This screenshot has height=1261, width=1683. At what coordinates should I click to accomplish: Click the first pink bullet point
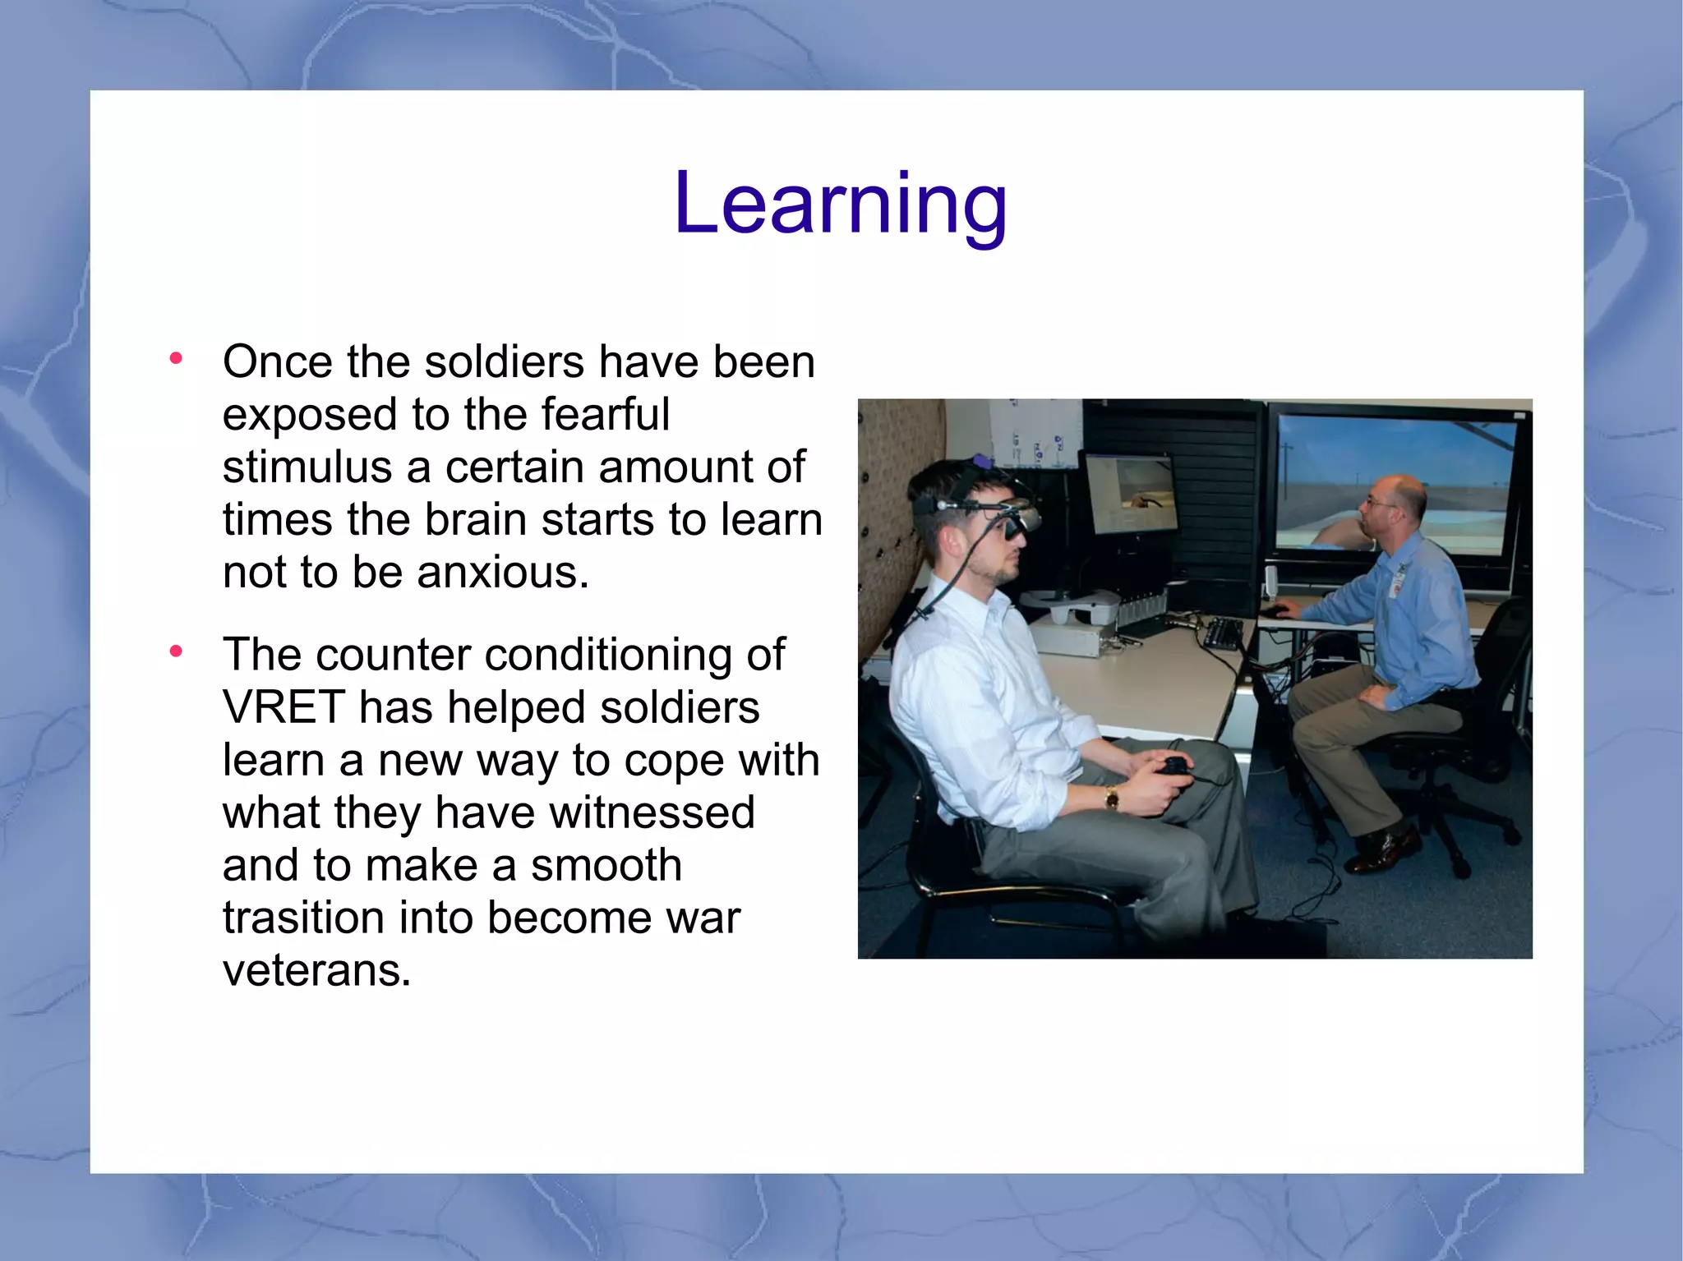pos(175,358)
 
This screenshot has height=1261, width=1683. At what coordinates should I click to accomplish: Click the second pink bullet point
pos(175,651)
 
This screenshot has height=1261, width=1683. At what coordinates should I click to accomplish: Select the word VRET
pos(284,707)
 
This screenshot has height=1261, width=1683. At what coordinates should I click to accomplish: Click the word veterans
pos(316,970)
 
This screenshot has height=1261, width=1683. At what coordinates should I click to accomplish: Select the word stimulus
pos(307,467)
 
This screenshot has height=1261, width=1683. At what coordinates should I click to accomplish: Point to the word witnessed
pos(652,812)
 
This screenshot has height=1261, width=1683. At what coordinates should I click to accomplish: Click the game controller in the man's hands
pos(1173,766)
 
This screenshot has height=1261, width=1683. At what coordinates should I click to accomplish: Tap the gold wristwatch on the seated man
pos(1111,796)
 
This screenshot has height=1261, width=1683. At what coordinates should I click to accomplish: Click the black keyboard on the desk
pos(1224,633)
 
